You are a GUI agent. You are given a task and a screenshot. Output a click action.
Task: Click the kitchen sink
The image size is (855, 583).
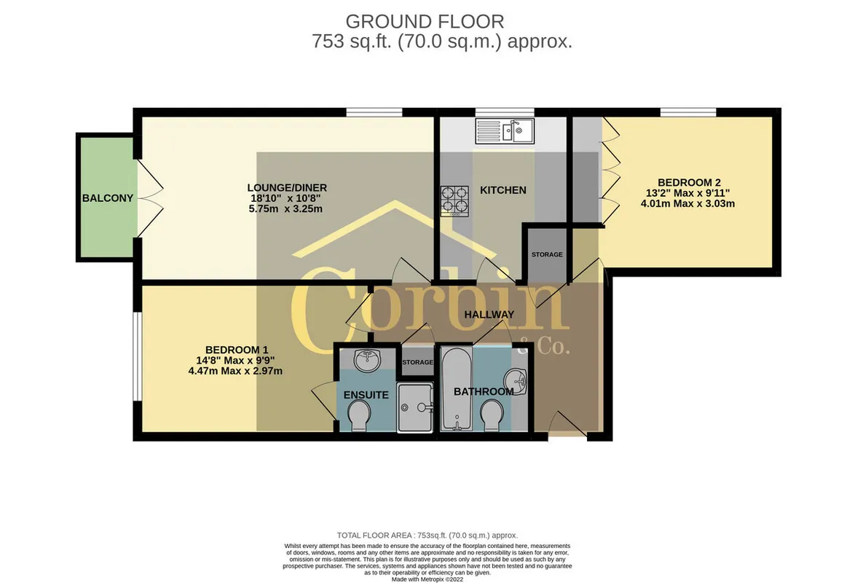pos(505,131)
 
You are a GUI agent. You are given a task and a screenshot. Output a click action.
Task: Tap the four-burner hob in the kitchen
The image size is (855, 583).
pos(454,201)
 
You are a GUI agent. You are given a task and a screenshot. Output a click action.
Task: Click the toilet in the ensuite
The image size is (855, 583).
pos(358,417)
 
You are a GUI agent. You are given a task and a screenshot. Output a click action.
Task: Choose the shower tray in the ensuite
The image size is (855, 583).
pos(415,407)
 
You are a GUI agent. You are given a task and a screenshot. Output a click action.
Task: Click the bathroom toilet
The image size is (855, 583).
pos(492,417)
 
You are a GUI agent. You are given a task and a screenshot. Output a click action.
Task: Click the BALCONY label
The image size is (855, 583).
pos(107,198)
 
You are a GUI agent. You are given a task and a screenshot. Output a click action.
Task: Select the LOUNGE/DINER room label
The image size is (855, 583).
pos(287,188)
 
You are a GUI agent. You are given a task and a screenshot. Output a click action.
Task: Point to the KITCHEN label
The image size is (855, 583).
pos(503,190)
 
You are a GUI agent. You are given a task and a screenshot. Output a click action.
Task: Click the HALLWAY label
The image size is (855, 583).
pos(489,314)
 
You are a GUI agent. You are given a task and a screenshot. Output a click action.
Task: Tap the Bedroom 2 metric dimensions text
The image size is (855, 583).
pos(687,203)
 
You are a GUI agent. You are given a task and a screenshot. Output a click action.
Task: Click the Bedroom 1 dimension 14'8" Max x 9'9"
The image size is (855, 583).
pos(235,360)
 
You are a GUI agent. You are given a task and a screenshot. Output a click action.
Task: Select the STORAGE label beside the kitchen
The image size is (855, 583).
pos(547,254)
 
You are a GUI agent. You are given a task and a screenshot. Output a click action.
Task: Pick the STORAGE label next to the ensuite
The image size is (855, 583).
pos(418,362)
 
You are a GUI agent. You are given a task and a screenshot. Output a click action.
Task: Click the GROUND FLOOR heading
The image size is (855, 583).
pos(425,22)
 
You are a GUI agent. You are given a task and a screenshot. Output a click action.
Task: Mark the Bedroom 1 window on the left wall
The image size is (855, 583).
pos(138,357)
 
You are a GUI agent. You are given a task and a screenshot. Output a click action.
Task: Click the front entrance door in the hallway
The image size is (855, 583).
pos(567,426)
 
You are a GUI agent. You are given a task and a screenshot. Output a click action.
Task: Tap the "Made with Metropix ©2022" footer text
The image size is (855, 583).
pos(427,579)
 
